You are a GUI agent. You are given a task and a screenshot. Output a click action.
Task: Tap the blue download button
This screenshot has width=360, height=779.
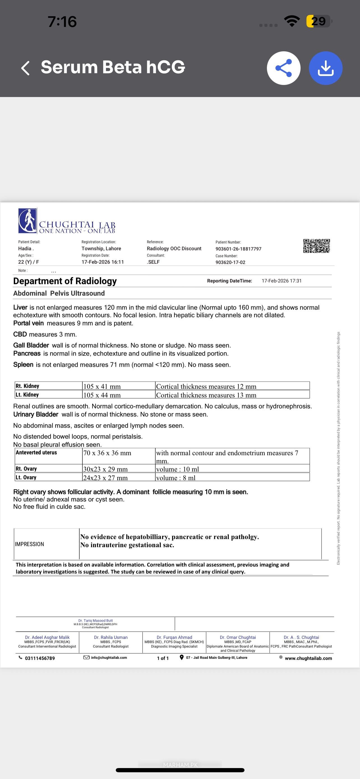tap(326, 68)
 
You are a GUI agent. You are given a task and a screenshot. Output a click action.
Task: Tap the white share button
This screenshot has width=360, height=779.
tap(283, 68)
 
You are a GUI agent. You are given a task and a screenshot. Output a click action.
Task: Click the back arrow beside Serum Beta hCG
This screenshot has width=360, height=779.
tap(26, 68)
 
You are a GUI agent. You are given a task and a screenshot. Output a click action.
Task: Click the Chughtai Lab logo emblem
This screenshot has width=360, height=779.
tap(27, 220)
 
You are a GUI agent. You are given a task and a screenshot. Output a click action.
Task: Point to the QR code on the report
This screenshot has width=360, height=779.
tap(317, 246)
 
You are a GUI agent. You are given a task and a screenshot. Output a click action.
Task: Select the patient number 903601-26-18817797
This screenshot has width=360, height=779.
tap(238, 249)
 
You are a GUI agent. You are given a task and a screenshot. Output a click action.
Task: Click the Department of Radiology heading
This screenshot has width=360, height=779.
tap(65, 281)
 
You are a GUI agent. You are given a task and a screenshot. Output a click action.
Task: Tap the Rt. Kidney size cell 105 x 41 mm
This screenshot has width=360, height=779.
tap(102, 386)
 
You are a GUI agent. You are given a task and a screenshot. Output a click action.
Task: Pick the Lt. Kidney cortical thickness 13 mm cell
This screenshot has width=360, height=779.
tap(206, 395)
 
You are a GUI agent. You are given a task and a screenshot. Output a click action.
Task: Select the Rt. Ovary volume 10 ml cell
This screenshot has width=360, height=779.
tap(177, 469)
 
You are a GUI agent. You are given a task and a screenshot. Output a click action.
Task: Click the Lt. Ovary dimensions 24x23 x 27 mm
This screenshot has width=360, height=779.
tap(105, 478)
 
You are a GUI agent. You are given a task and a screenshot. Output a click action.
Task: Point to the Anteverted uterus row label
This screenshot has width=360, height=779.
tap(36, 452)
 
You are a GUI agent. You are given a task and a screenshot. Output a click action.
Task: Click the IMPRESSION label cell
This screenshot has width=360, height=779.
tap(30, 544)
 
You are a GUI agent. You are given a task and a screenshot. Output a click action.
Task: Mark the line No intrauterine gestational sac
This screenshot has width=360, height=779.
tap(127, 545)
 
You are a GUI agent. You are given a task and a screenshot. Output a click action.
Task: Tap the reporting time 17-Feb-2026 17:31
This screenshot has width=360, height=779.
tap(281, 281)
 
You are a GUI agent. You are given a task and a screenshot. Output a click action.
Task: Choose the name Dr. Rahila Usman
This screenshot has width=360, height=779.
tap(111, 637)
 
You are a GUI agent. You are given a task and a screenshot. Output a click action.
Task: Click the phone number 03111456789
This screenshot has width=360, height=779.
tap(40, 658)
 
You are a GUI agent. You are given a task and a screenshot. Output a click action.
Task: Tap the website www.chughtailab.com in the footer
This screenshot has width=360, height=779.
tap(308, 658)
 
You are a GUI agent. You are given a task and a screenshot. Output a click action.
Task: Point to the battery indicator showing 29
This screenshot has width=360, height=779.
tap(318, 21)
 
